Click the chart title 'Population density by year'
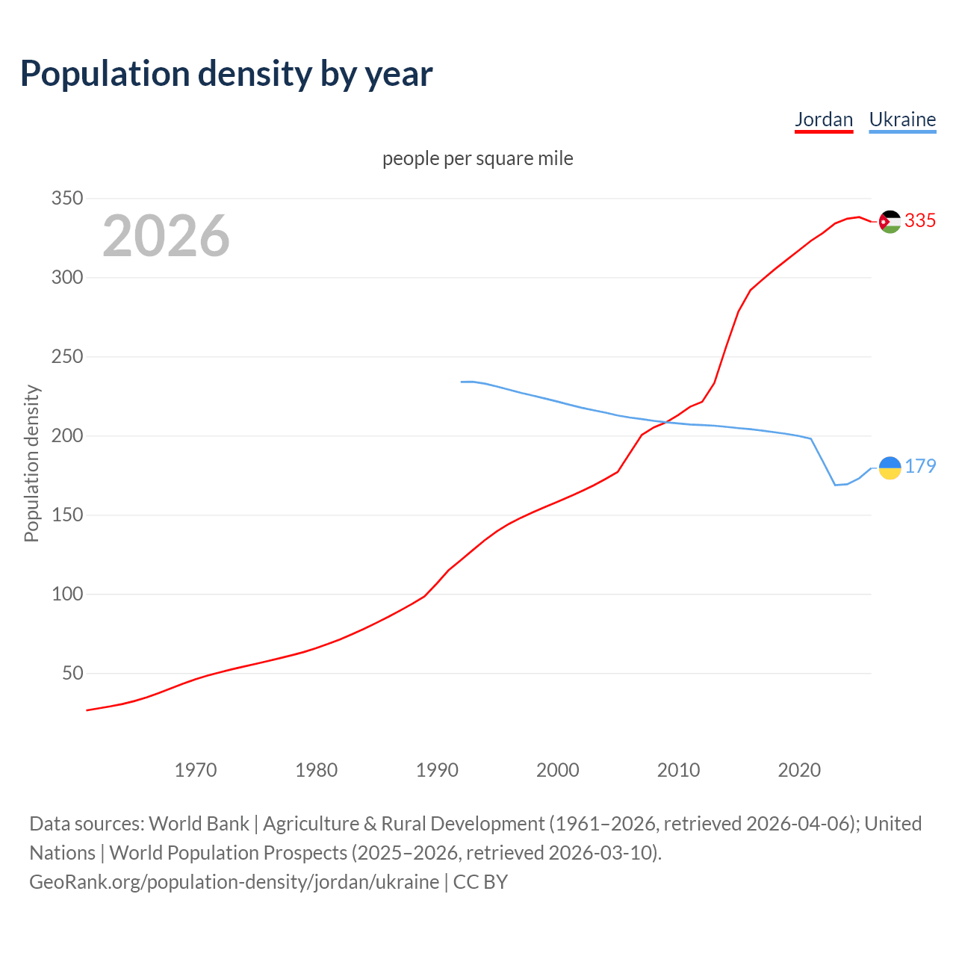[226, 74]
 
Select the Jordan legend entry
[823, 119]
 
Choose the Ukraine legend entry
[902, 119]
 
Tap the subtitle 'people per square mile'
[477, 158]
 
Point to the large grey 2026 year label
[166, 236]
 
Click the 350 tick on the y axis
[66, 199]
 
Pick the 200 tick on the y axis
[66, 436]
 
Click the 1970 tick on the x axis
[196, 770]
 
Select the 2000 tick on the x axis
[558, 770]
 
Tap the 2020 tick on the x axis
[799, 770]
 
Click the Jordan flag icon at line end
[890, 222]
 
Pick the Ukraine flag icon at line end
[890, 468]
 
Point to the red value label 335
[920, 220]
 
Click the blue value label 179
[920, 466]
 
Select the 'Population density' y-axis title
[31, 463]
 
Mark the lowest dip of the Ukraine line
[836, 485]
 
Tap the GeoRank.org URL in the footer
[234, 882]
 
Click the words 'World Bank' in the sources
[199, 824]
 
